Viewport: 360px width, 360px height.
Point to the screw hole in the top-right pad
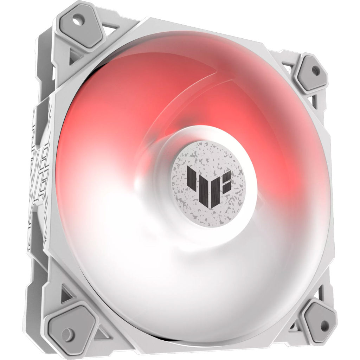tap(315, 71)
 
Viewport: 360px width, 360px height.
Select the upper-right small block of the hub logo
tap(225, 175)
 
